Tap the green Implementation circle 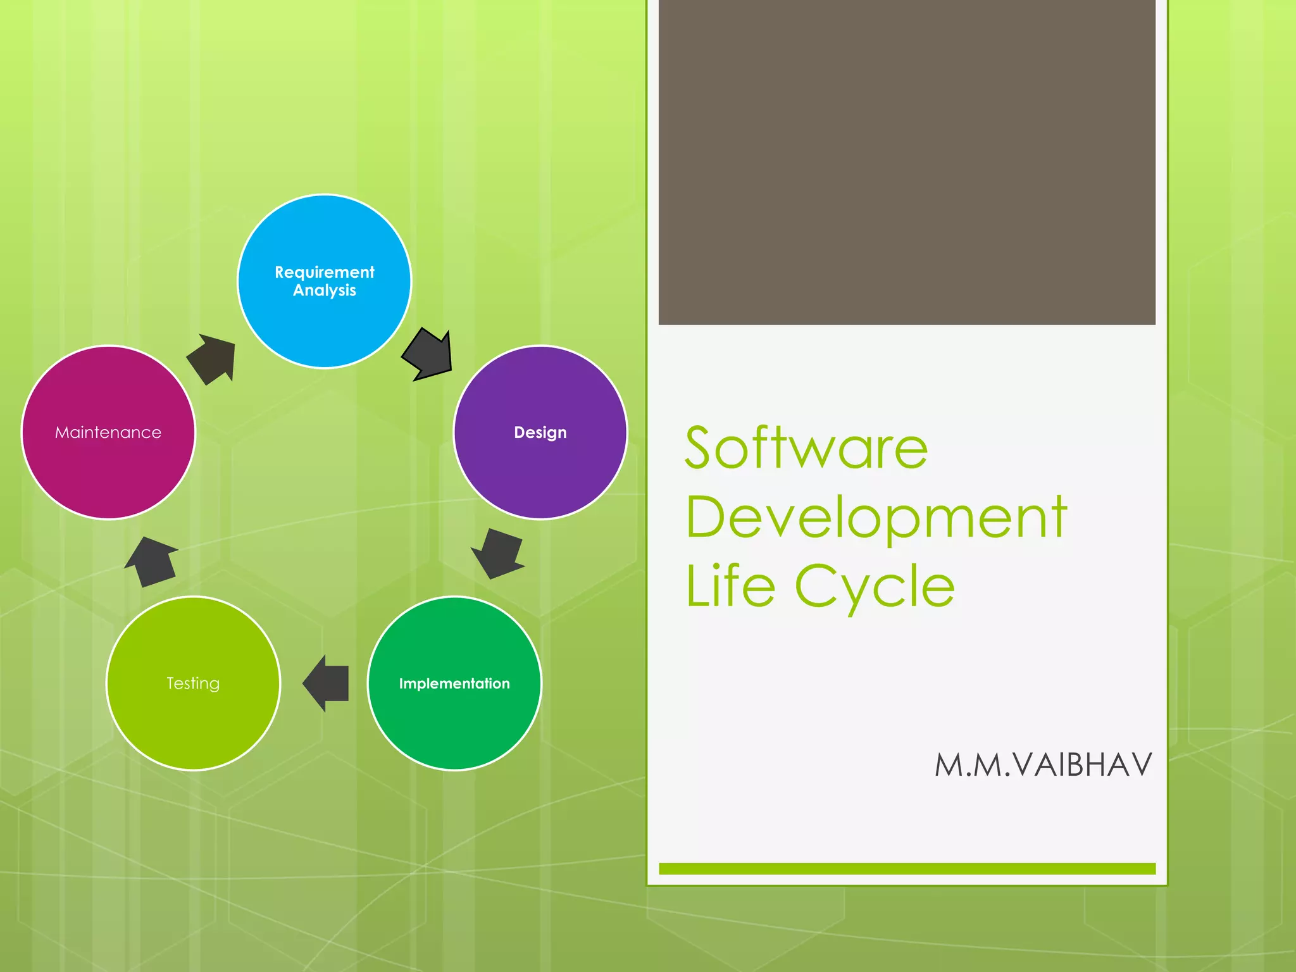click(454, 721)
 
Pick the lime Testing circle click(193, 721)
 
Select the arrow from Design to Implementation click(499, 553)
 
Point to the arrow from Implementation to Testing click(327, 683)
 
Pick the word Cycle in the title click(875, 587)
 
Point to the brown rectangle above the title click(907, 162)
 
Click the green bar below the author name click(907, 869)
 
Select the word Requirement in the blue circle click(324, 272)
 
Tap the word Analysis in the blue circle click(324, 290)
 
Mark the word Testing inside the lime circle click(193, 683)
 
